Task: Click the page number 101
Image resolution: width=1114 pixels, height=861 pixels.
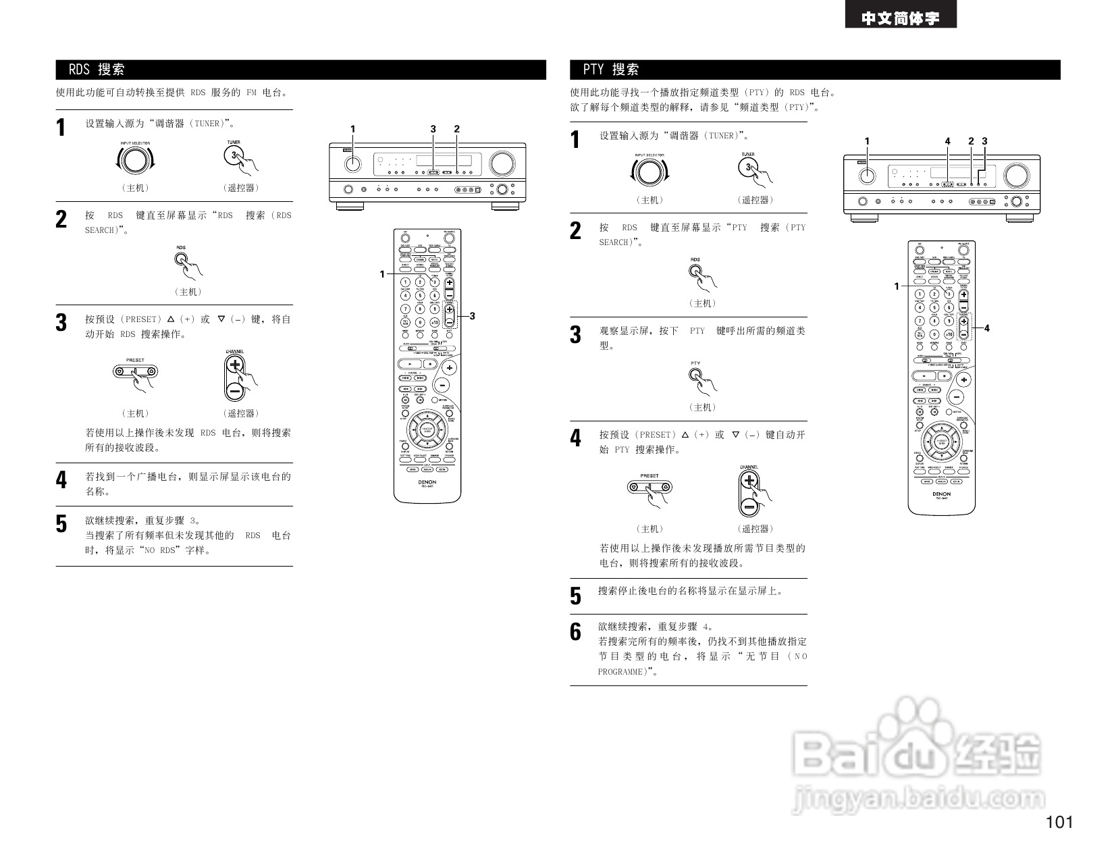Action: pos(1059,822)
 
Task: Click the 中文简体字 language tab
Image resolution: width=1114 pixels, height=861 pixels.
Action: pos(900,18)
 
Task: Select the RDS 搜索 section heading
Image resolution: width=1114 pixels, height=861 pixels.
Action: pos(97,70)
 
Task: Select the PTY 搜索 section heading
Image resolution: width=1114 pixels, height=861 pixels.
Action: pos(612,70)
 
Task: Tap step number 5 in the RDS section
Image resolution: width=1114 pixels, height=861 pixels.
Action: pos(61,523)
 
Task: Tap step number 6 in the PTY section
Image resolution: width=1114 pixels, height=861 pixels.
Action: pos(575,632)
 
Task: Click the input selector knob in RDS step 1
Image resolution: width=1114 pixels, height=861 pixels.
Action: pos(135,160)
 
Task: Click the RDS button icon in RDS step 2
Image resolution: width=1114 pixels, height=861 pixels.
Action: pos(181,259)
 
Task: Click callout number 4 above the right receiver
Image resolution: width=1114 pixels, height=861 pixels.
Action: pos(948,141)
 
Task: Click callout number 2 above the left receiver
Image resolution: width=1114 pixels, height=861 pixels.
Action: pos(457,129)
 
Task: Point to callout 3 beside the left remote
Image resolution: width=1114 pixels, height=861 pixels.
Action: pos(472,316)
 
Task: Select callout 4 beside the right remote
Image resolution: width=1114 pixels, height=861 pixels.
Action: pos(986,328)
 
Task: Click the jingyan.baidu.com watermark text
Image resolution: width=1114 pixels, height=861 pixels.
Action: pos(919,799)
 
